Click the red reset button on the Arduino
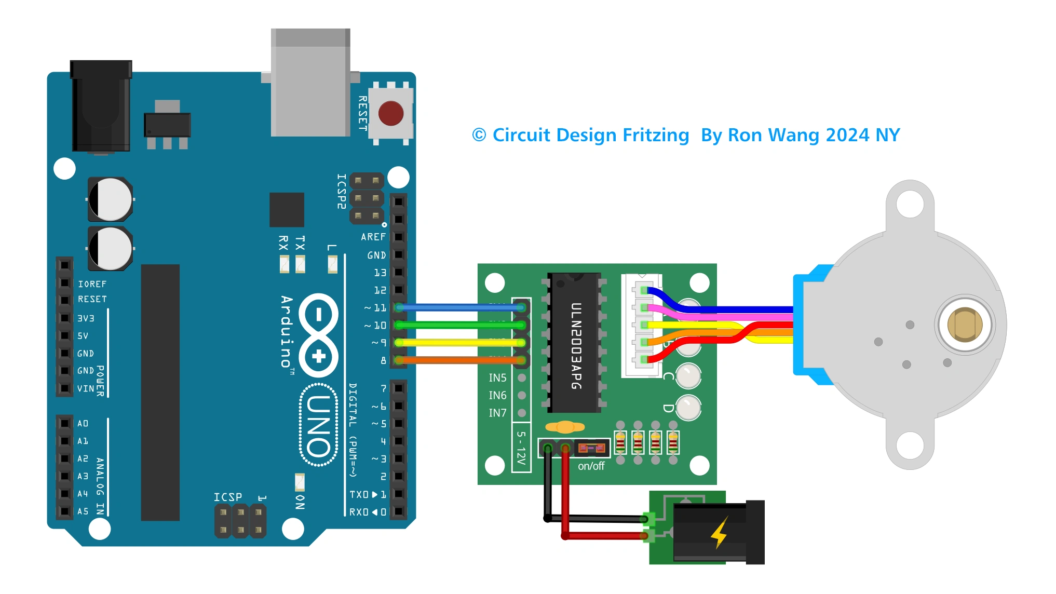pyautogui.click(x=390, y=113)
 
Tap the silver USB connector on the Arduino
pyautogui.click(x=310, y=83)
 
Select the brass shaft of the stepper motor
pyautogui.click(x=964, y=325)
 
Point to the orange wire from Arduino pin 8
pyautogui.click(x=457, y=360)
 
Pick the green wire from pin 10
pyautogui.click(x=457, y=325)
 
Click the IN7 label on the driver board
pyautogui.click(x=497, y=413)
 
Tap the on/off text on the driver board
pyautogui.click(x=591, y=466)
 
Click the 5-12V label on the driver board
pyautogui.click(x=521, y=447)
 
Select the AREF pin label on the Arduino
pyautogui.click(x=373, y=237)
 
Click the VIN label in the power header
pyautogui.click(x=86, y=388)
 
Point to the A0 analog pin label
pyautogui.click(x=83, y=423)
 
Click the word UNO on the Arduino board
pyautogui.click(x=318, y=426)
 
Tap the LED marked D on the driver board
pyautogui.click(x=688, y=408)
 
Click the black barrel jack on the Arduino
pyautogui.click(x=101, y=106)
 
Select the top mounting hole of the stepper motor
pyautogui.click(x=910, y=204)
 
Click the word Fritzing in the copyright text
pyautogui.click(x=656, y=135)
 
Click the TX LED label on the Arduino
pyautogui.click(x=300, y=243)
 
